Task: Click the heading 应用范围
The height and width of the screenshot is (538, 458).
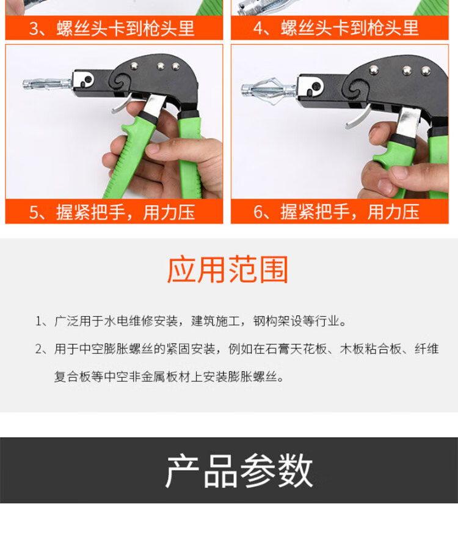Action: click(228, 270)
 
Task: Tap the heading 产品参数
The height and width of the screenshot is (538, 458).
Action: click(239, 470)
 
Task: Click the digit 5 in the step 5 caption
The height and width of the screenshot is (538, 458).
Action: click(34, 212)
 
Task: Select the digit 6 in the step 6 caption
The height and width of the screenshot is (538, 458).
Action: click(258, 212)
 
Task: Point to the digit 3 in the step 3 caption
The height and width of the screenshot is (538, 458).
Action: click(34, 28)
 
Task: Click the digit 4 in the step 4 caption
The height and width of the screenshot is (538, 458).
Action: click(258, 28)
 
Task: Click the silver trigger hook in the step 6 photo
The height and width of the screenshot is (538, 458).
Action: click(358, 117)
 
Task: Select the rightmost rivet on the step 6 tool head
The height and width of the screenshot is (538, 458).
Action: click(426, 71)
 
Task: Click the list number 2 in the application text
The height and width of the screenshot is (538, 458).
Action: click(38, 349)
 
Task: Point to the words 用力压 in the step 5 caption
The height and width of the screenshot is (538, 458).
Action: click(169, 212)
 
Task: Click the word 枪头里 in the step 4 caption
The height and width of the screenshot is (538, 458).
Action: click(393, 28)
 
